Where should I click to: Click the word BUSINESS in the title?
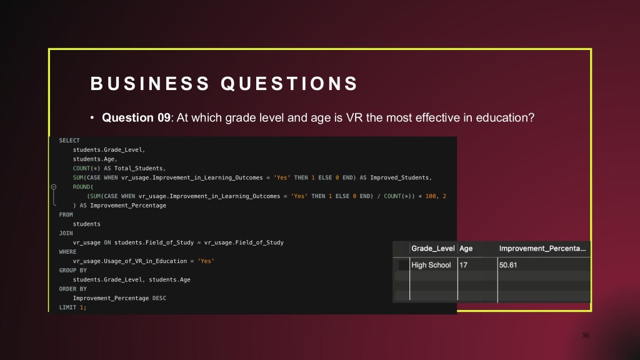coord(150,84)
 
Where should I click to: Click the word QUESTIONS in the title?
coord(289,84)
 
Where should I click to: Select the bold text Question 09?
coord(136,117)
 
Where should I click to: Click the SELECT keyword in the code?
coord(69,141)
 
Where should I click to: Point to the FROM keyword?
coord(66,215)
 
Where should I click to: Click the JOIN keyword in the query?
coord(66,233)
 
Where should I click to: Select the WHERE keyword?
coord(67,252)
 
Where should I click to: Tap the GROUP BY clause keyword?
coord(73,270)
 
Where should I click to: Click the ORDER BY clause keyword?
coord(73,289)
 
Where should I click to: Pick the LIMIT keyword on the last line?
coord(67,307)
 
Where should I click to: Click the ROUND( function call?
coord(83,187)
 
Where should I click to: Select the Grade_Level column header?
coord(432,249)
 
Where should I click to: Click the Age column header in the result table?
coord(466,249)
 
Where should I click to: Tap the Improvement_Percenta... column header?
coord(542,249)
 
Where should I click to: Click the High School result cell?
coord(431,265)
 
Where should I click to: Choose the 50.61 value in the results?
coord(508,265)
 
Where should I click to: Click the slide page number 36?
coord(585,336)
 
